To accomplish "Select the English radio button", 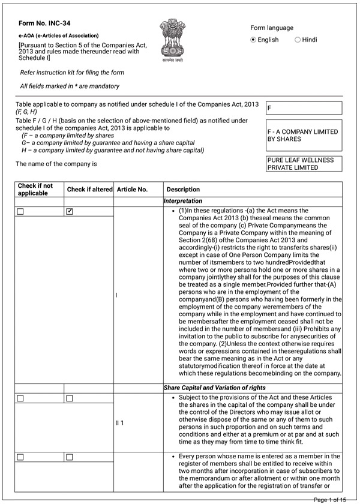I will [x=253, y=40].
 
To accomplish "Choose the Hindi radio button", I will [x=298, y=40].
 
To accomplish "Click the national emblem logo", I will [x=173, y=40].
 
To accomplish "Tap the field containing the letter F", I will [x=304, y=108].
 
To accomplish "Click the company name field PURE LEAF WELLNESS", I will [x=304, y=164].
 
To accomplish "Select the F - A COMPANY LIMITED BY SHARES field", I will [x=304, y=136].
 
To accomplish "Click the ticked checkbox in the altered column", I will [x=70, y=211].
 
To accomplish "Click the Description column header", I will [x=183, y=190].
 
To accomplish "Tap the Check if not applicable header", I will [x=35, y=190].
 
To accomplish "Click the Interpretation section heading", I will [x=183, y=201].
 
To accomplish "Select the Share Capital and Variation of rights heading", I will [x=215, y=388].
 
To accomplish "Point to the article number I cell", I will [x=116, y=295].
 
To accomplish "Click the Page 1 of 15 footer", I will [x=329, y=499].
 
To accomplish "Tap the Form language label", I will [x=272, y=28].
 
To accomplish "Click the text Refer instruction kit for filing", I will [x=72, y=73].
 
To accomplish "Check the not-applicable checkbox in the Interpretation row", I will [x=20, y=211].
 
